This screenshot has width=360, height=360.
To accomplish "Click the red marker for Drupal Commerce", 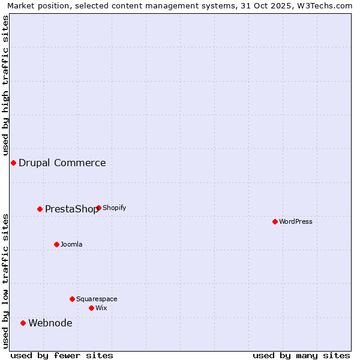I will [x=13, y=163].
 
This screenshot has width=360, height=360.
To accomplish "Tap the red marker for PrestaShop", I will [x=40, y=209].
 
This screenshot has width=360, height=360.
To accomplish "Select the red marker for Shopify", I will [x=99, y=208].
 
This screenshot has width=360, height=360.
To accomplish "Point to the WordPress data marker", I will [x=275, y=222].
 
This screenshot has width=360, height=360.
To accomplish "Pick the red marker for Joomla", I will [x=57, y=245].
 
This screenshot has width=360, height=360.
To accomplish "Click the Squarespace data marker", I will [x=73, y=299].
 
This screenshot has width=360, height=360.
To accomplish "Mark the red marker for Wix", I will [x=92, y=308].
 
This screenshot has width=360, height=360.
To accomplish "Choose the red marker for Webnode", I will [x=23, y=323].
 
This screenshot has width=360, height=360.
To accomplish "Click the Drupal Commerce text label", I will [x=62, y=163].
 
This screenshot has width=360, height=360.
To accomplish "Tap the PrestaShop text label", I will [x=71, y=209].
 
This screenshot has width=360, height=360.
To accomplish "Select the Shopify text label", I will [x=115, y=208].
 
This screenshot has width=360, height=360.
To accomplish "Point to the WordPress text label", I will [x=296, y=222].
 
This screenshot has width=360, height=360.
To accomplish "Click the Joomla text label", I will [x=71, y=245].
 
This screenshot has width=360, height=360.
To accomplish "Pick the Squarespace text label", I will [x=97, y=299].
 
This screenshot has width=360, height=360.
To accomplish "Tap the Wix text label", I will [x=101, y=308].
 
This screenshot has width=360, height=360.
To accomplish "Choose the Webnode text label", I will [x=50, y=323].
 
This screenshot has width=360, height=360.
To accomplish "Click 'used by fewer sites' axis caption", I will [x=62, y=356].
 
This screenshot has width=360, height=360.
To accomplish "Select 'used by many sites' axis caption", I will [x=301, y=356].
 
